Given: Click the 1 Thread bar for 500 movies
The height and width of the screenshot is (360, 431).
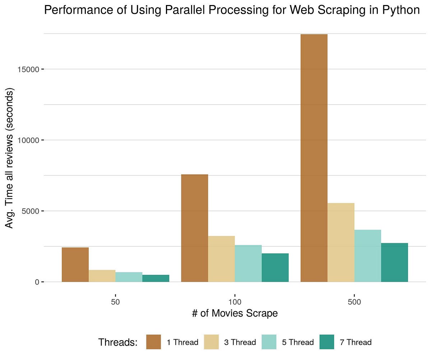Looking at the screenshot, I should point(314,158).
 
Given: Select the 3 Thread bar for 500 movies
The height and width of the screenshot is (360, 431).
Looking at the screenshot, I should point(341,243).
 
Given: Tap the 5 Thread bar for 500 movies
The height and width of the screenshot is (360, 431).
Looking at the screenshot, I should point(367,256).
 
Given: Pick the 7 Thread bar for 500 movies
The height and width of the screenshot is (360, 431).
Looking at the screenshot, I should point(394,262).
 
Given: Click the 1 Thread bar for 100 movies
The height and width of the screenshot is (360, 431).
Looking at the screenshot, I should point(195,228).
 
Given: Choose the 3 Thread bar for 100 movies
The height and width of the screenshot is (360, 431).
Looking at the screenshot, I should point(221,259).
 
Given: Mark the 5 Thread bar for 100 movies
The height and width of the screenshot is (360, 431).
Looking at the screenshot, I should point(248,263).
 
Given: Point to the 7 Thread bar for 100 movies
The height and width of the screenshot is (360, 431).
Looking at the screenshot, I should point(275,268).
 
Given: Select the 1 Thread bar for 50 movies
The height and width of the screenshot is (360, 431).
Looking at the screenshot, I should point(75,264).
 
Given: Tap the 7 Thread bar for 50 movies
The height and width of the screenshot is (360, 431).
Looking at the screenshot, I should point(156,278).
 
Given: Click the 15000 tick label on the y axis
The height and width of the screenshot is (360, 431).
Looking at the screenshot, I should point(28,69).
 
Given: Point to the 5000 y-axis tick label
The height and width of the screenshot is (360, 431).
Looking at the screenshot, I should point(30,211).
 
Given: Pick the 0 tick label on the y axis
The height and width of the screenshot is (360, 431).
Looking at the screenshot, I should point(37,282).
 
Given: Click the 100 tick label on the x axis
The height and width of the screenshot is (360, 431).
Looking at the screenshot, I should point(235,302).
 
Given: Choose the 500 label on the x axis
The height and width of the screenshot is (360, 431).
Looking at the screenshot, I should point(354,302).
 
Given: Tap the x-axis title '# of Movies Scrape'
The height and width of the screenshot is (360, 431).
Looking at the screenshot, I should point(235,313).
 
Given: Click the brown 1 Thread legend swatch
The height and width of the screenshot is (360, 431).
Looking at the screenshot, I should point(154,342).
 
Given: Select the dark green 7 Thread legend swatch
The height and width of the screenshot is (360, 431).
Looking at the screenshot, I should point(327,342).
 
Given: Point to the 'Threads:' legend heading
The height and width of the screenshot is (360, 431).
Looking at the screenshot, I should point(118,342).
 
